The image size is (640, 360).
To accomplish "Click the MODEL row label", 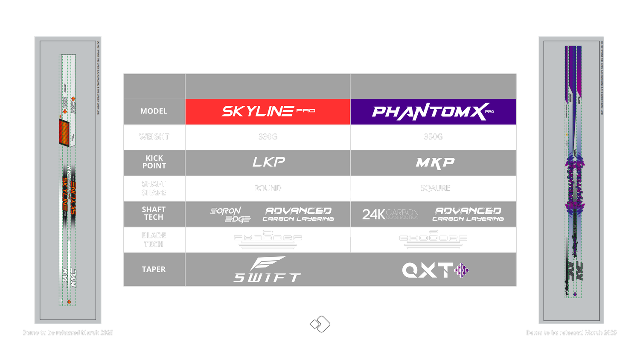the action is coord(154,111).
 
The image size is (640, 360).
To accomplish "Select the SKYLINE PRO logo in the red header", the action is coord(268,111).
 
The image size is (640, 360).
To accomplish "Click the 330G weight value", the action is coord(268,137).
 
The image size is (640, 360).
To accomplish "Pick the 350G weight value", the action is coord(433,137).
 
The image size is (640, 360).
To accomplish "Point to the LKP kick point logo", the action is coord(268,162).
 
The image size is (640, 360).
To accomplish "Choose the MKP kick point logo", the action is coord(435,163).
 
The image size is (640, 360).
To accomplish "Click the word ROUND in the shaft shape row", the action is coord(268,188).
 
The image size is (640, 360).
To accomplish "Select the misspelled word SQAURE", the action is coord(435,188).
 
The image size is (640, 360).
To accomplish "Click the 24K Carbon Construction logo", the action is coord(390,214).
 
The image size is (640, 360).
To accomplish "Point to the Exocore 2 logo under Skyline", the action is coord(268,239).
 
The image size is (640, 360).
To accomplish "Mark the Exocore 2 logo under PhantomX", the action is coord(433,239).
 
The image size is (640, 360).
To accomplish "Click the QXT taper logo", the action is coord(435,270).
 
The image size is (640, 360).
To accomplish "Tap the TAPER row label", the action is coord(154,270).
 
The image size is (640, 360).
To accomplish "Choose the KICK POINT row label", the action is coord(154,162).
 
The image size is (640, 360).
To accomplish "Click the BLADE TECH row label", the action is coord(154,240).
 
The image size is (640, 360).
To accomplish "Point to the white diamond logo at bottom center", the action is coord(320,326).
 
